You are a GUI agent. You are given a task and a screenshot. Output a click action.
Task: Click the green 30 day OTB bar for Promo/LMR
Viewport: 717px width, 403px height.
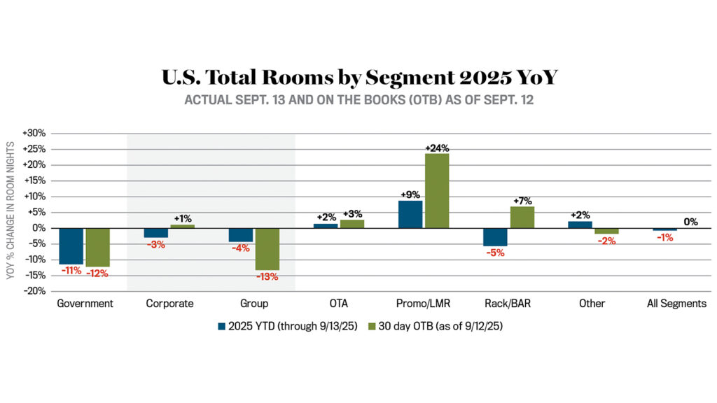click(437, 190)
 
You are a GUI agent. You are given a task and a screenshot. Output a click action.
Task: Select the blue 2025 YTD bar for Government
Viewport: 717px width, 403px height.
click(71, 246)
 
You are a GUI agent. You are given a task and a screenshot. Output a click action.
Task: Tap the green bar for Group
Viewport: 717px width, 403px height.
click(267, 249)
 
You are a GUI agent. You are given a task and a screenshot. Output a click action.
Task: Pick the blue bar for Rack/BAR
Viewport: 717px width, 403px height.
click(495, 237)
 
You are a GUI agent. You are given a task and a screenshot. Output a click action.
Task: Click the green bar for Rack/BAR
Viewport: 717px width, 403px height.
click(522, 218)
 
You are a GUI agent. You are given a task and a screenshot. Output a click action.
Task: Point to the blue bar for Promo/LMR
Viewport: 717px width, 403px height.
click(410, 214)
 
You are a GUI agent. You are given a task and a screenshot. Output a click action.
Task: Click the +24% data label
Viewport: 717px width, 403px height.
click(437, 148)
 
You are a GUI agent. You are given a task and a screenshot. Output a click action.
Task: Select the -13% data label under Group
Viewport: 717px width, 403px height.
click(267, 276)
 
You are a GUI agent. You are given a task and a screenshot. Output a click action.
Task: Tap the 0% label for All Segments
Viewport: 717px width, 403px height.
click(691, 222)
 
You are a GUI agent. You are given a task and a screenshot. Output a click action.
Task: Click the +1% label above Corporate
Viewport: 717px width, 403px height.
click(182, 219)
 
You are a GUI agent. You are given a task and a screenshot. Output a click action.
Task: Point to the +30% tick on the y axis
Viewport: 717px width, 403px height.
click(35, 134)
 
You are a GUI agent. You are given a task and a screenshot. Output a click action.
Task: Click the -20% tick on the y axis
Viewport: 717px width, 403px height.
click(35, 291)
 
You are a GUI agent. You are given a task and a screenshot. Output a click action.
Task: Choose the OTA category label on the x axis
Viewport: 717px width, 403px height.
click(338, 304)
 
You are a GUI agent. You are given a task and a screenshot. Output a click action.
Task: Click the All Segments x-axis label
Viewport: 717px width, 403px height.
click(676, 304)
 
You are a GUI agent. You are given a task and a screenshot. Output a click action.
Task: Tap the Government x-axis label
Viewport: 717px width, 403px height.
click(85, 304)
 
